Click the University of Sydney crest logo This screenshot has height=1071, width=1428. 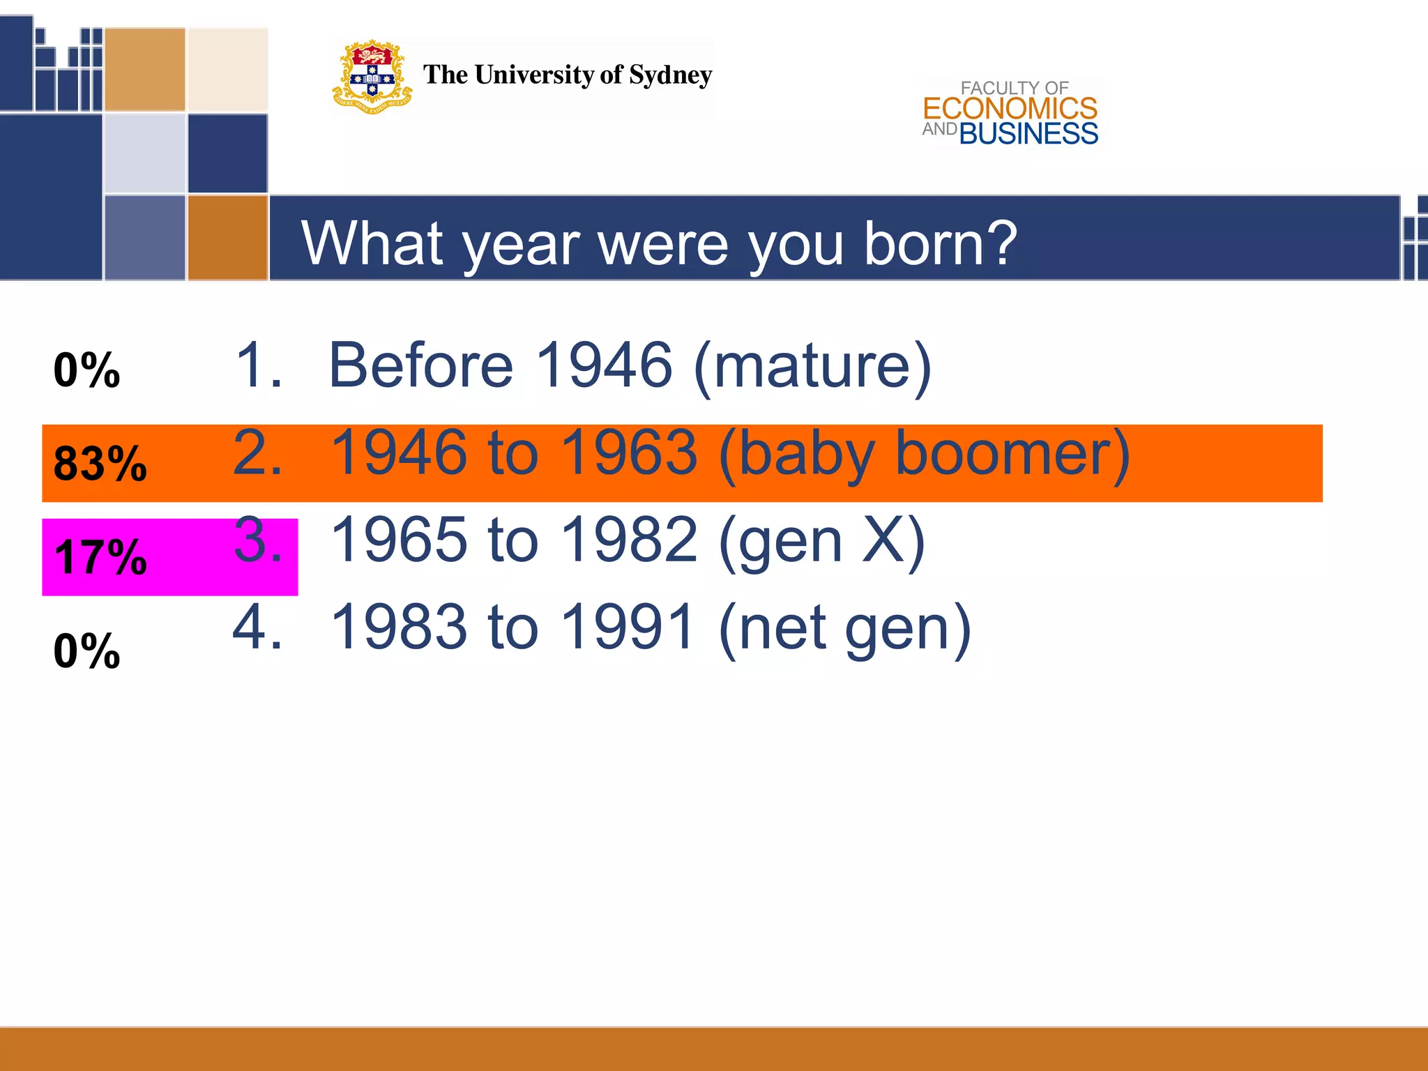tap(372, 77)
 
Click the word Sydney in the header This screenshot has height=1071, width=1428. tap(670, 75)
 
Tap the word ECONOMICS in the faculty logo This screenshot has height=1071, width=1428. tap(1010, 109)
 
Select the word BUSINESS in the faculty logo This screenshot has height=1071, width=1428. tap(1028, 134)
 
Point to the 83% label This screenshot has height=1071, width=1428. tap(100, 464)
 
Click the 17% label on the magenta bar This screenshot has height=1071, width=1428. tap(100, 557)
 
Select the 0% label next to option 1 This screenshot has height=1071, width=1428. tap(86, 370)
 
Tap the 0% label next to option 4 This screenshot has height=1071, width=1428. tap(86, 651)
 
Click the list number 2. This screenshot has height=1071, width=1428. tap(257, 453)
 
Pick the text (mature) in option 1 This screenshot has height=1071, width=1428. tap(813, 365)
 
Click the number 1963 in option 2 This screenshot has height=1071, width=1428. tap(628, 453)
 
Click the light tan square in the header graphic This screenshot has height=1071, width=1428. tap(228, 70)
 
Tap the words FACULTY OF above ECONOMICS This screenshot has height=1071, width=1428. tap(1014, 88)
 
